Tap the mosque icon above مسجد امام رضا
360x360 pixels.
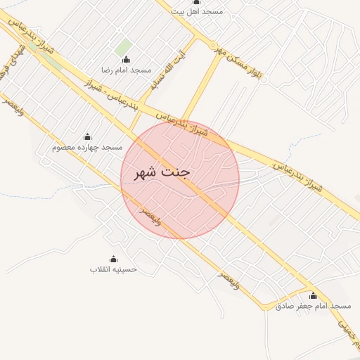click(x=126, y=59)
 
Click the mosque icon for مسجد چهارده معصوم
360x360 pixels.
click(x=87, y=136)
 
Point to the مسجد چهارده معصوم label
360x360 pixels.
click(x=88, y=148)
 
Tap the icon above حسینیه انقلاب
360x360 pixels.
click(x=113, y=258)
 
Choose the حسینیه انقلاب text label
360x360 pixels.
click(x=113, y=269)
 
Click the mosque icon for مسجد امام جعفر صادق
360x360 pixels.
click(x=313, y=295)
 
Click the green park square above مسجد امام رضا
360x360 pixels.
click(x=124, y=46)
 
